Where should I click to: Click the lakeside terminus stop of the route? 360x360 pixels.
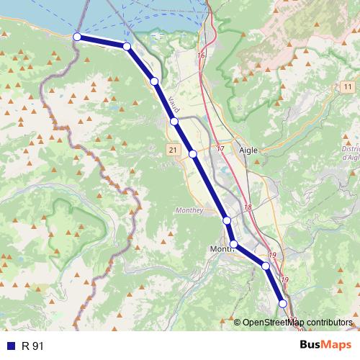(x=77, y=37)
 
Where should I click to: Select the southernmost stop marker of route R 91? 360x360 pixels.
(x=283, y=304)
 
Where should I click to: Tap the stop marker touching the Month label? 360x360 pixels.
(x=234, y=244)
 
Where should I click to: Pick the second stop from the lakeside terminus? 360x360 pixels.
(x=127, y=47)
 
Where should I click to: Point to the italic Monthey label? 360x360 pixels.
(x=190, y=210)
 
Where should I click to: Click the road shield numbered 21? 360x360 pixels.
(x=173, y=149)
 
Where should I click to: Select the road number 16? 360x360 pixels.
(x=200, y=55)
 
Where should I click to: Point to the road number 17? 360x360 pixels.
(x=220, y=149)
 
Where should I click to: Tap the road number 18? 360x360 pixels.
(x=248, y=207)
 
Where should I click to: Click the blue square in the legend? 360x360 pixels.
(x=10, y=346)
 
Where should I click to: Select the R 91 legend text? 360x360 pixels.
(x=33, y=346)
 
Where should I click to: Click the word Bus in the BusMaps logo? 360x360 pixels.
(x=310, y=346)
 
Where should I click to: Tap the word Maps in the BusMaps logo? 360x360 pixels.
(x=337, y=346)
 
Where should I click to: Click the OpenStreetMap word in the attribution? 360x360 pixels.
(x=271, y=323)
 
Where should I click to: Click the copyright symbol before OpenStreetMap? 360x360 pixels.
(x=238, y=323)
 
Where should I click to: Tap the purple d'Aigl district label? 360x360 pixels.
(x=351, y=157)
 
